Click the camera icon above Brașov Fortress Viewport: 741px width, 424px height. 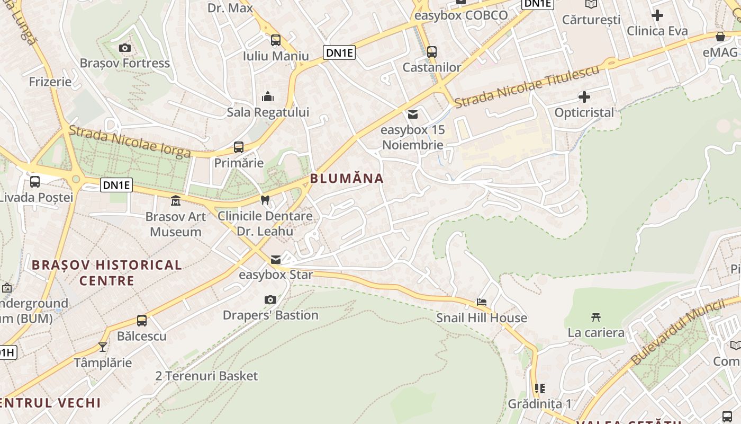[x=125, y=48]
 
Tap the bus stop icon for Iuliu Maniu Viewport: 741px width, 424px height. [x=276, y=40]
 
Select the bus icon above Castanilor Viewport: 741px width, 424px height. [x=432, y=52]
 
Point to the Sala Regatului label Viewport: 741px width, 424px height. [x=268, y=112]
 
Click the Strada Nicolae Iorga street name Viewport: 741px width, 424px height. [x=130, y=142]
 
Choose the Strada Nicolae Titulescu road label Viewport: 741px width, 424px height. [x=528, y=85]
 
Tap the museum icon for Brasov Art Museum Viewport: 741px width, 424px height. [x=175, y=201]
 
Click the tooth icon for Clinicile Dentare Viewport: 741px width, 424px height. [x=265, y=200]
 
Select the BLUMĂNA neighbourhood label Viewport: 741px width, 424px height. [x=347, y=179]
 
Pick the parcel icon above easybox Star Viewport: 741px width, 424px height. [x=276, y=260]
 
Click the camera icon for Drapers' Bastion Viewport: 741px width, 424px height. [x=270, y=300]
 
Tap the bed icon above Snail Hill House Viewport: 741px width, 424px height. [x=482, y=302]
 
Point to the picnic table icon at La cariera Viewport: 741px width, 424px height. [x=596, y=317]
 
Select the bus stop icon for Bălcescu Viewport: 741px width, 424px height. [x=142, y=321]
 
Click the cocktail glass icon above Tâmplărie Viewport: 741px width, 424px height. [x=103, y=347]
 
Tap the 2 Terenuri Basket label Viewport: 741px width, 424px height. [x=206, y=376]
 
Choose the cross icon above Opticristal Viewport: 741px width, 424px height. [x=584, y=97]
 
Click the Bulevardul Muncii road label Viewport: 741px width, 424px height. [x=678, y=332]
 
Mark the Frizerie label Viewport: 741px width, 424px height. [x=50, y=82]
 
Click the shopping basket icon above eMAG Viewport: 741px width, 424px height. [x=720, y=37]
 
